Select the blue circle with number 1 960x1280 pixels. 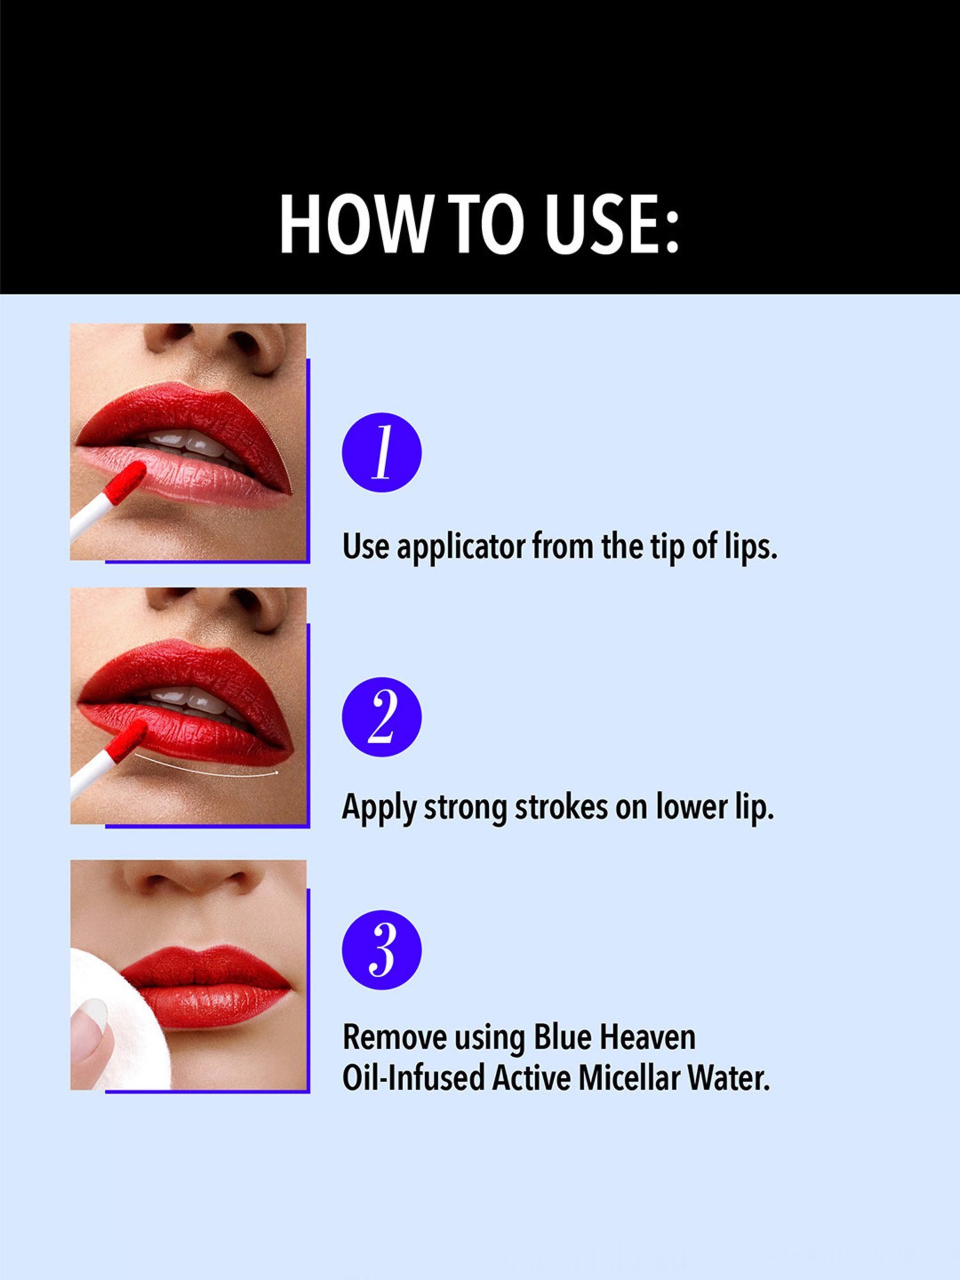tap(381, 452)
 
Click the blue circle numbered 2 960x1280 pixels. tap(381, 717)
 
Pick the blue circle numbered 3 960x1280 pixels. tap(381, 950)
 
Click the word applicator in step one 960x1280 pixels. tap(460, 547)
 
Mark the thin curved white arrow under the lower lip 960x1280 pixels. tap(205, 768)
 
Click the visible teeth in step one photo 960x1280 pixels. tap(186, 442)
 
